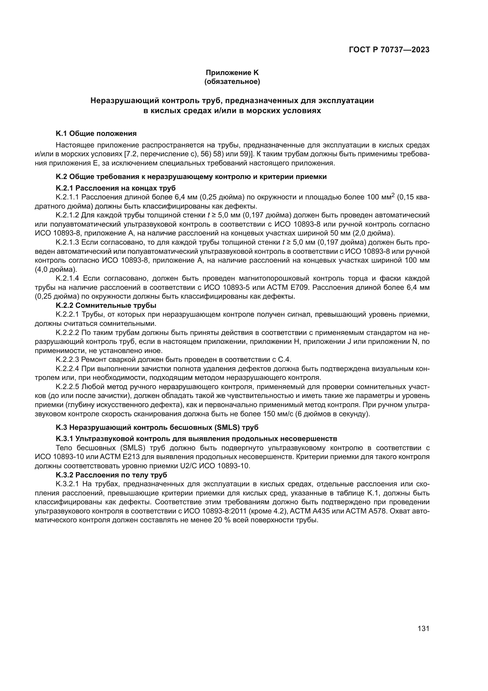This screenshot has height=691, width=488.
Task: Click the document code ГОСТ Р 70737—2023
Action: point(389,50)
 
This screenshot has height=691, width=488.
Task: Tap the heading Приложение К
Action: point(232,73)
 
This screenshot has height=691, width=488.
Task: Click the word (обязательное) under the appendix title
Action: point(232,82)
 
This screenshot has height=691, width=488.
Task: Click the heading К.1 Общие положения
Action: point(96,133)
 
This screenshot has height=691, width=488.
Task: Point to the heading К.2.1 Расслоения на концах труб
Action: point(116,188)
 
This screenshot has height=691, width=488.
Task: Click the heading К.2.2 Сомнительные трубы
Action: point(106,305)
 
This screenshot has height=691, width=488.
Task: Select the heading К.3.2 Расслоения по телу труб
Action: point(111,475)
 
